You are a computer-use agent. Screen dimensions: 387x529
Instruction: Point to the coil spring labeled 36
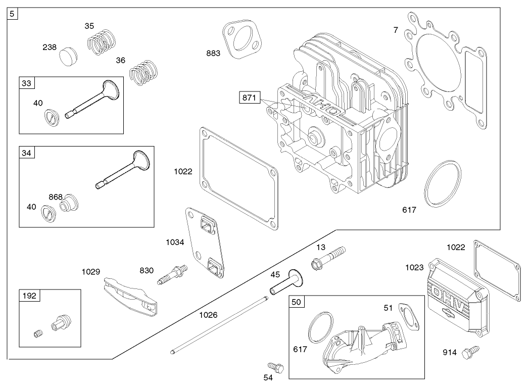tap(143, 72)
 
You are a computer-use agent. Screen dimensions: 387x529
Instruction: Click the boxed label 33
tap(26, 83)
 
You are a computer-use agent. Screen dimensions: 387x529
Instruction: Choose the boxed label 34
tap(26, 152)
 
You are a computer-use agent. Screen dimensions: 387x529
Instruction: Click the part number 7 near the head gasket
tap(396, 30)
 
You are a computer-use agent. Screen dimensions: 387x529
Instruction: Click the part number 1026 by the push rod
tap(208, 315)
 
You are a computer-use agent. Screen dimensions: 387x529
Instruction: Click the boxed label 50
tap(297, 302)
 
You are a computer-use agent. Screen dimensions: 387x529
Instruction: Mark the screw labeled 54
tap(274, 366)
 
